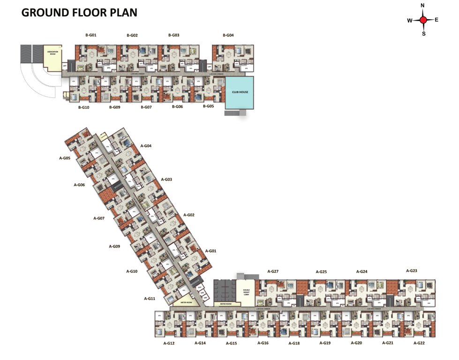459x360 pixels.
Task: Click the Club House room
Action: click(240, 92)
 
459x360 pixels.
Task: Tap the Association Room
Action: click(52, 55)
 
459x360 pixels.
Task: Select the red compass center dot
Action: click(423, 20)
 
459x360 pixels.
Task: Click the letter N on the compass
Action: click(423, 6)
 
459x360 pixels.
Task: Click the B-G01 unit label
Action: click(91, 35)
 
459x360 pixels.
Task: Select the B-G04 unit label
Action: click(228, 35)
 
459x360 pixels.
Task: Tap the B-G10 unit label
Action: click(83, 107)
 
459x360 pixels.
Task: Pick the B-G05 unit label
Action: click(208, 106)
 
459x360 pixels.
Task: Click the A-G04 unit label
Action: click(146, 146)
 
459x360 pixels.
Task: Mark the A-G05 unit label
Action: click(65, 158)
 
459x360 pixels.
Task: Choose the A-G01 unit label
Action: click(211, 251)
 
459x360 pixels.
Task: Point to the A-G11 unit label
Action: click(150, 299)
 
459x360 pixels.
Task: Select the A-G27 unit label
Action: click(273, 271)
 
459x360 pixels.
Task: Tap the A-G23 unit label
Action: click(411, 270)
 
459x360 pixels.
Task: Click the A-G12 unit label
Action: click(169, 344)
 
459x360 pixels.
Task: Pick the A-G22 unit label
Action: click(419, 344)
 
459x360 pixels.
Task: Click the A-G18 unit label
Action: click(294, 344)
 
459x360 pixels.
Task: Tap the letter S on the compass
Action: click(424, 34)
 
